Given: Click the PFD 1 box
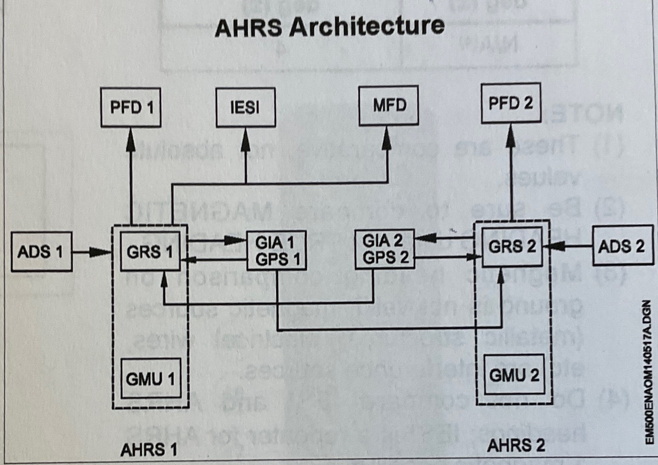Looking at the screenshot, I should point(131,107).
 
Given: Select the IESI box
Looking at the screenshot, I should point(245,107).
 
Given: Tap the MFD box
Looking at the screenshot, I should point(389,105).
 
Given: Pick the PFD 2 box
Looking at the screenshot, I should point(511,103).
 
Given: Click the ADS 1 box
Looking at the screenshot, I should point(41,251).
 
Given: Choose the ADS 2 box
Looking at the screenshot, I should point(621,246).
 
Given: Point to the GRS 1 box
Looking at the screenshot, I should point(150,252).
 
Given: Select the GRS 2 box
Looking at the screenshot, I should point(512,246).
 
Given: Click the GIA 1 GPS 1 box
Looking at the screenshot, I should point(277,250).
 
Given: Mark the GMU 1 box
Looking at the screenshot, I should point(150,379).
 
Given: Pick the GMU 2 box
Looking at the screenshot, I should point(514,375).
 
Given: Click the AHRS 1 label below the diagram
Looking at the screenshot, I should point(148,449).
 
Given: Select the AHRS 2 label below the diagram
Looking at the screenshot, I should point(515,445).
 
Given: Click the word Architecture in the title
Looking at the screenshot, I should point(366,26).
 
